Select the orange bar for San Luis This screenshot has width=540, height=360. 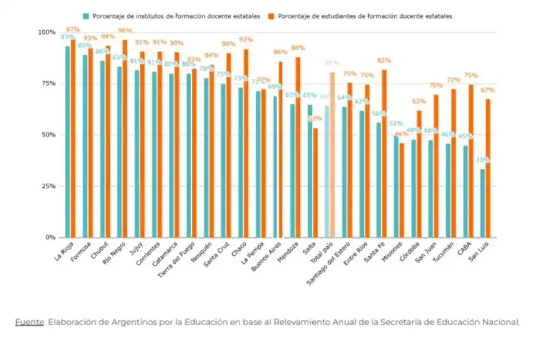pyautogui.click(x=488, y=168)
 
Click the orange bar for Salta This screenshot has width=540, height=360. pyautogui.click(x=315, y=182)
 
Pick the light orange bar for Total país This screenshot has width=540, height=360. pyautogui.click(x=332, y=155)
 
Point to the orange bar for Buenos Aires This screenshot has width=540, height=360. pyautogui.click(x=281, y=149)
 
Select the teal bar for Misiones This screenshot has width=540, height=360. pyautogui.click(x=396, y=186)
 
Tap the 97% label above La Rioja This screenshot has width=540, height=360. pyautogui.click(x=73, y=29)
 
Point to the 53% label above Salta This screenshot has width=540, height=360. pyautogui.click(x=315, y=119)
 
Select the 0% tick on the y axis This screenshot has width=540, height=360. pyautogui.click(x=49, y=237)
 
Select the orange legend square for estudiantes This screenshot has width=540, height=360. pyautogui.click(x=272, y=16)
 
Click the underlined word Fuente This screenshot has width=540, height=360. pyautogui.click(x=29, y=322)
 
